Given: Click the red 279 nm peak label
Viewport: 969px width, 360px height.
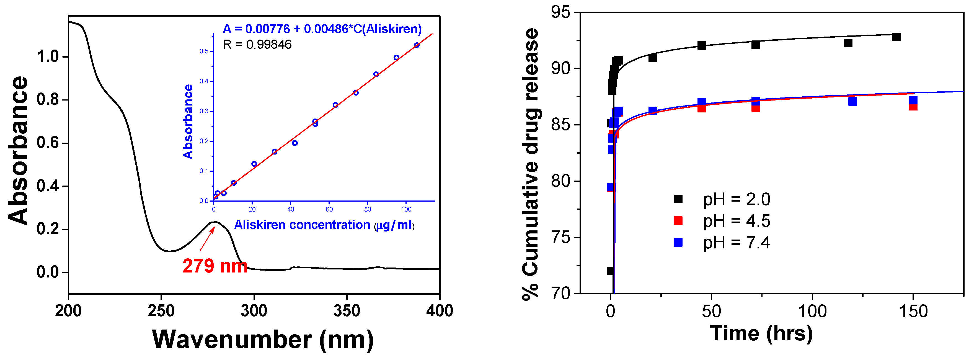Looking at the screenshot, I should tap(215, 266).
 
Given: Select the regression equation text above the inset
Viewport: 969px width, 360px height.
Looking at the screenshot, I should tap(322, 29).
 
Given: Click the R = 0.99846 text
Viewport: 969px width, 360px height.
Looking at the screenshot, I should tap(257, 45).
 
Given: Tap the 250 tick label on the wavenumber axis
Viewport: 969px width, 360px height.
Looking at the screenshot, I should tap(161, 311).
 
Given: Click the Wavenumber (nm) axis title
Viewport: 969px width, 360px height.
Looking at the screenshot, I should tap(263, 340).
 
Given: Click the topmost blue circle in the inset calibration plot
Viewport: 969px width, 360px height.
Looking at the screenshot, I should tap(417, 45).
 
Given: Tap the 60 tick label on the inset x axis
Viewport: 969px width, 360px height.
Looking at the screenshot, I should tap(329, 209).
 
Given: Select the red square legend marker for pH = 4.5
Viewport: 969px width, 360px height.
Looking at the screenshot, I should tap(678, 220).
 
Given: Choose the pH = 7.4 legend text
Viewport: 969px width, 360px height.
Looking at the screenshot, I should tap(737, 243).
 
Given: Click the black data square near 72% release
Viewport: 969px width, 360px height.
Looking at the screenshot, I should tap(610, 271).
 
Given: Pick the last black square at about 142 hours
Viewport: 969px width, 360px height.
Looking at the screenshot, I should tap(896, 37).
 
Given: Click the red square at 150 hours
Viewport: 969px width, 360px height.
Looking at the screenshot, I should tap(913, 106).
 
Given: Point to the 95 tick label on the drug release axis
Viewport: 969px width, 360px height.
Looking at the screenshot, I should tap(560, 12).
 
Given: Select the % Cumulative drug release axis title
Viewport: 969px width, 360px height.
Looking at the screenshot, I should tap(531, 164).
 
